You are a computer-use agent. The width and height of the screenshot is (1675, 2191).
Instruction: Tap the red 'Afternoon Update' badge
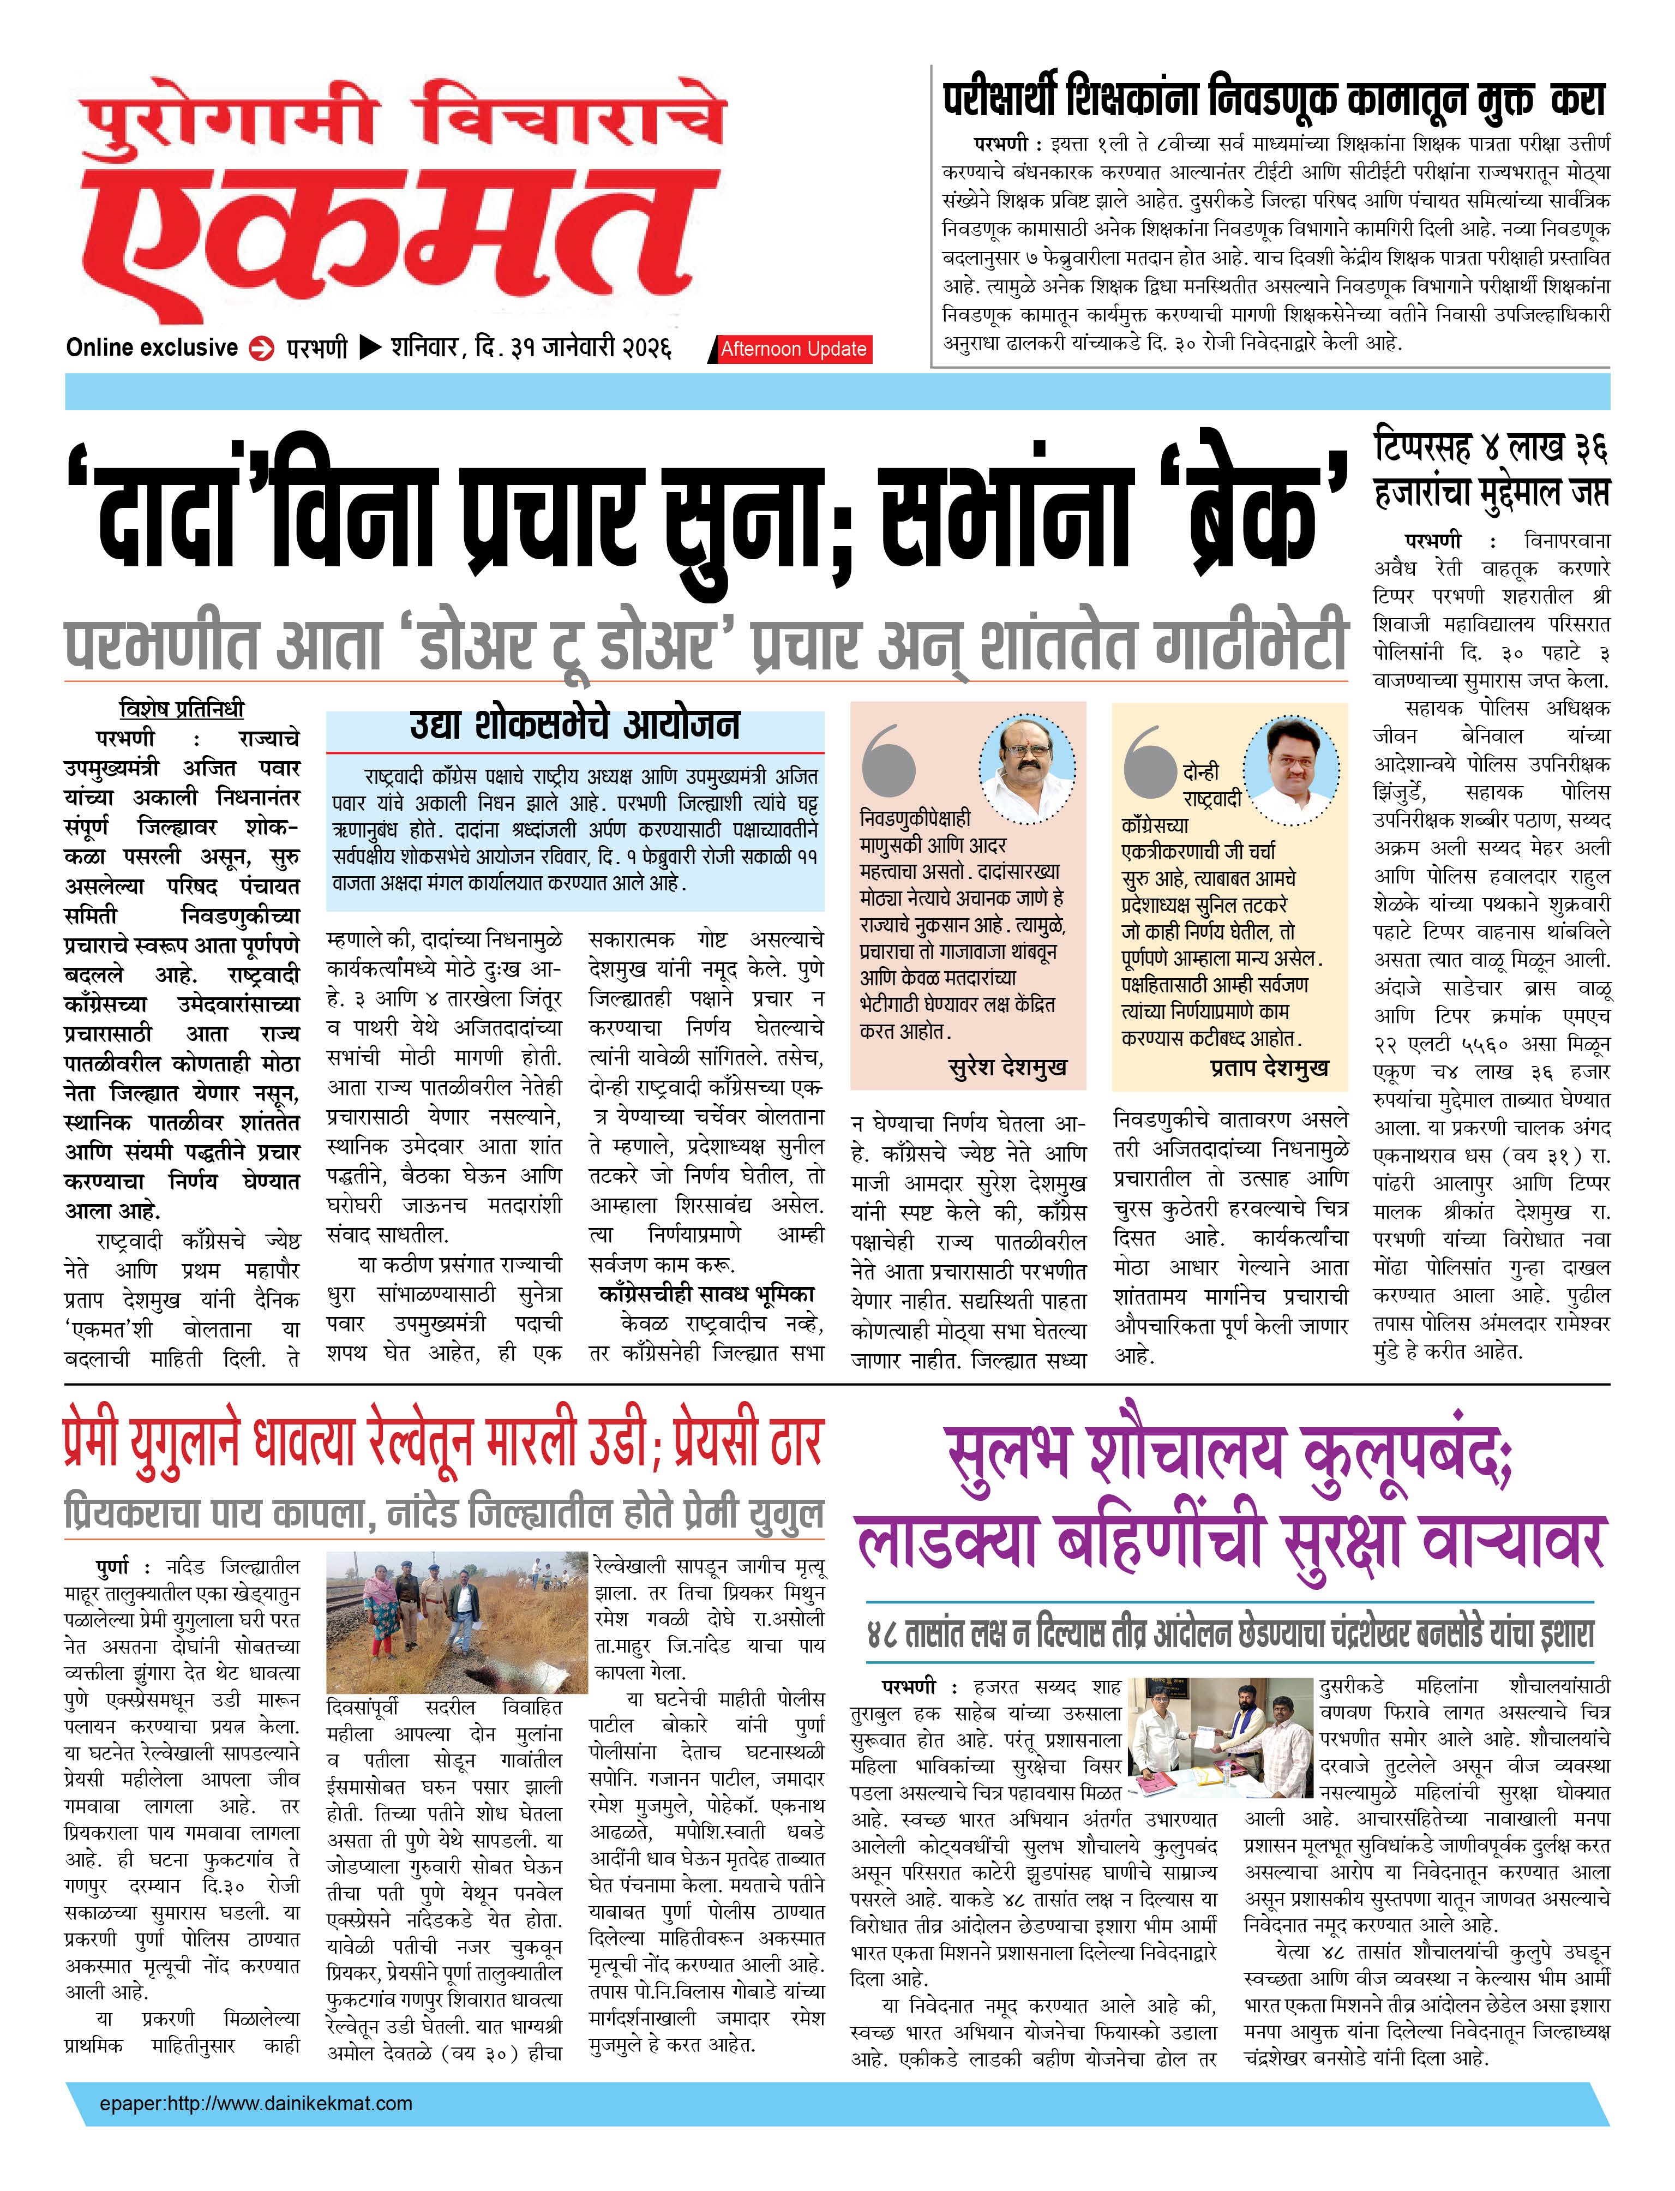pos(794,349)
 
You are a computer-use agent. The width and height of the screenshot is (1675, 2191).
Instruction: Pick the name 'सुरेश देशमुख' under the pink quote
pos(1007,1067)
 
